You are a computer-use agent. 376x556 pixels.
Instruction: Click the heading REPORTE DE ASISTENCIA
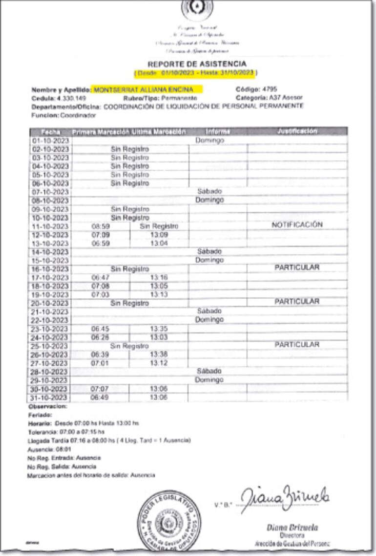(196, 64)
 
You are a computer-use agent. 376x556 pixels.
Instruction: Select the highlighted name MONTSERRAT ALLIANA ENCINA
(143, 90)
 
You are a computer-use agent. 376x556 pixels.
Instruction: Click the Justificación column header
(297, 131)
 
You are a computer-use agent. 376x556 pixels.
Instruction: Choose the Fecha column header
(50, 132)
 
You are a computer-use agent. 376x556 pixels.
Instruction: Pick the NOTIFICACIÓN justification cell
(297, 225)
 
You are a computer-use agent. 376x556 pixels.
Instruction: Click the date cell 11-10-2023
(50, 226)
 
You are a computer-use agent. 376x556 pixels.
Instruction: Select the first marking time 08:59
(100, 226)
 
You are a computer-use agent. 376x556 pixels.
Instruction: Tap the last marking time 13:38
(159, 354)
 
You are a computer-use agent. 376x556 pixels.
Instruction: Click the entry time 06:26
(100, 337)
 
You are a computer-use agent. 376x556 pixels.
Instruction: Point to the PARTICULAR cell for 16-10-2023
(297, 267)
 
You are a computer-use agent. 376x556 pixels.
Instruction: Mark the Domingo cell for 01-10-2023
(209, 140)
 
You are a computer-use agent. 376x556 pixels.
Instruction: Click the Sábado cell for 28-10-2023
(209, 371)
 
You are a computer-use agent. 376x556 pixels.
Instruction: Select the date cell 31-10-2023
(50, 398)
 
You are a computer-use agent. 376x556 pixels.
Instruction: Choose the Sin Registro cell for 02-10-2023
(129, 149)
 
